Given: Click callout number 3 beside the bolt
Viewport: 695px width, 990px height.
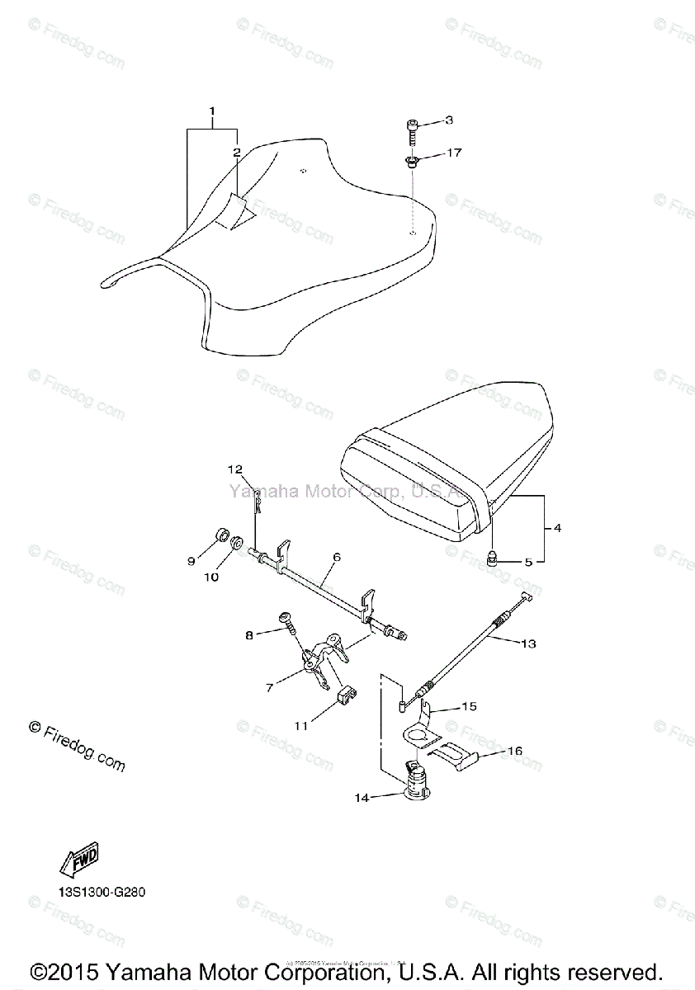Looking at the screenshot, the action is tap(448, 121).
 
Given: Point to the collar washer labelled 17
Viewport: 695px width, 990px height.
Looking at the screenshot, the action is tap(412, 160).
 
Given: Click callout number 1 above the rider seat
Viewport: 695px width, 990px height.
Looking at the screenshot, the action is tap(212, 111).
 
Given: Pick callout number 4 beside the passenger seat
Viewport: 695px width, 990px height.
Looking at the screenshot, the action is tap(557, 528).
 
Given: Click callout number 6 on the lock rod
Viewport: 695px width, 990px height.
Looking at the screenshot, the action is tap(337, 557).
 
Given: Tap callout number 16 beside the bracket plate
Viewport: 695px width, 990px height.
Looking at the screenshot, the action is tap(515, 752).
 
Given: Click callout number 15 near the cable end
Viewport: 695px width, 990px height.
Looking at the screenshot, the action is tap(469, 707).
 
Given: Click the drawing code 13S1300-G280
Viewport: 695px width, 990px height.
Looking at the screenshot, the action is tap(94, 893).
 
